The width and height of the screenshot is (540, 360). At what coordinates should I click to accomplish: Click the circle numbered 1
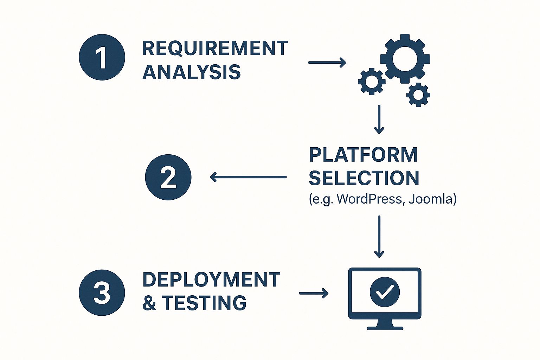click(102, 57)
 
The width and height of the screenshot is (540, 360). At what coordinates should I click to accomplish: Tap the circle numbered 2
click(168, 177)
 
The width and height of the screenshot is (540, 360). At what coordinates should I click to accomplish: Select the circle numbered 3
click(102, 292)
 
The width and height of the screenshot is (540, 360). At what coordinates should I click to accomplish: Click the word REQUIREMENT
click(215, 49)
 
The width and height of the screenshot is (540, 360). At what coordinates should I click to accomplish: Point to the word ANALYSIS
click(192, 72)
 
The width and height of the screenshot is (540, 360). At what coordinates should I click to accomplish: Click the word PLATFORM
click(364, 155)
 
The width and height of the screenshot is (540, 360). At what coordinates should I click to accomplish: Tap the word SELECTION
click(364, 178)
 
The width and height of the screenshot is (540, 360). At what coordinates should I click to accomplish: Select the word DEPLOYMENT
click(211, 280)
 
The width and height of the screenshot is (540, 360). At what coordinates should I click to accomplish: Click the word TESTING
click(204, 303)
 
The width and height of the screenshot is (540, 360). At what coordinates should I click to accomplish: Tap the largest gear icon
click(405, 59)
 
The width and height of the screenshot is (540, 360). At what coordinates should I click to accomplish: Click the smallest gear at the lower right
click(418, 95)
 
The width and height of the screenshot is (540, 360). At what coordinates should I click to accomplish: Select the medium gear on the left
click(372, 82)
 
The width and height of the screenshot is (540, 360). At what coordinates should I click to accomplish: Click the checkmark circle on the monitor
click(385, 292)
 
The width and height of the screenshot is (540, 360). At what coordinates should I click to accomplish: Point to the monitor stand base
click(385, 328)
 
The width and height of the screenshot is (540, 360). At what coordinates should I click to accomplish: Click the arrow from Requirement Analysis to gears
click(327, 63)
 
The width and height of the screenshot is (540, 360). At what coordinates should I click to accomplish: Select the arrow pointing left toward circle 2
click(248, 177)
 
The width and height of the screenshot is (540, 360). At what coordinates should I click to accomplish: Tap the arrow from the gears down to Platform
click(379, 120)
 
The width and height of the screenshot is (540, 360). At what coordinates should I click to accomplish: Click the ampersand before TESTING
click(149, 303)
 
